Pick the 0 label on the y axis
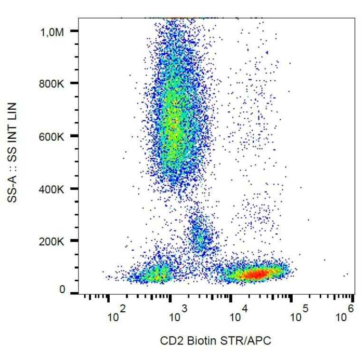(x=62, y=290)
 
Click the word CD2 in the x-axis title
(x=170, y=340)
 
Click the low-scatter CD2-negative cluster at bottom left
(x=157, y=274)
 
